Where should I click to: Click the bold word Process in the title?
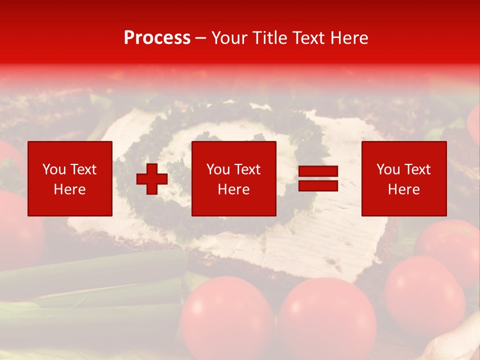pos(157,38)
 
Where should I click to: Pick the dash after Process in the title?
pos(201,38)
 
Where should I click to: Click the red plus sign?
pos(152,179)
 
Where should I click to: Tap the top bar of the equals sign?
pos(318,171)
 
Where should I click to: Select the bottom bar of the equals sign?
pos(318,185)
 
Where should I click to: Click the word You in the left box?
pos(53,169)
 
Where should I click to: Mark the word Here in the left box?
pos(69,189)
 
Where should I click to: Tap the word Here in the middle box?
pos(233,189)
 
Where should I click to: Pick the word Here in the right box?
pos(403,189)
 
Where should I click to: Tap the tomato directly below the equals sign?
pos(327,315)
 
